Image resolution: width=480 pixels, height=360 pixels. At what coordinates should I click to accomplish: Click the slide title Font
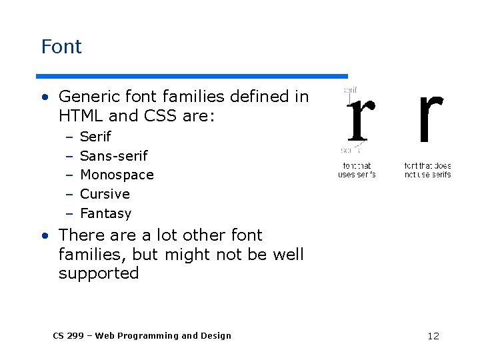(x=61, y=47)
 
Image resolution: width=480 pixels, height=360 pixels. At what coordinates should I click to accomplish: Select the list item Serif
(x=95, y=137)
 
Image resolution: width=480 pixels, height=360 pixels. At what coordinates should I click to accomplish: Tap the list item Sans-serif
(x=113, y=156)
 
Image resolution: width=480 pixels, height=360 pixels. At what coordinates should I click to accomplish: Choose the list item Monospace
(x=117, y=175)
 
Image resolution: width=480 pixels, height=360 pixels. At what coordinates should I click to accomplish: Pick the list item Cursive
(x=105, y=194)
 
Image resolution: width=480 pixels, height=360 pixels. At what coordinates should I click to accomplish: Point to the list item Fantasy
(x=105, y=213)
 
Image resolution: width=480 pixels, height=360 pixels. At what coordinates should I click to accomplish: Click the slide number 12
(x=433, y=336)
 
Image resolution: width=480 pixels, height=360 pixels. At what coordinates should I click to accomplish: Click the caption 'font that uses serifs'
(x=357, y=170)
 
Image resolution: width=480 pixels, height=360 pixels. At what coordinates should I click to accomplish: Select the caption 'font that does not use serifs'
(x=428, y=170)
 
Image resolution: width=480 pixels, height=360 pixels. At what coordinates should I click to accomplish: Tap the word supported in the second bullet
(x=99, y=273)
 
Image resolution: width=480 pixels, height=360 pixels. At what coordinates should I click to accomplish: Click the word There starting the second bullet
(x=80, y=235)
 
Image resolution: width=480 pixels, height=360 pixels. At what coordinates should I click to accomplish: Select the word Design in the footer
(x=215, y=336)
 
